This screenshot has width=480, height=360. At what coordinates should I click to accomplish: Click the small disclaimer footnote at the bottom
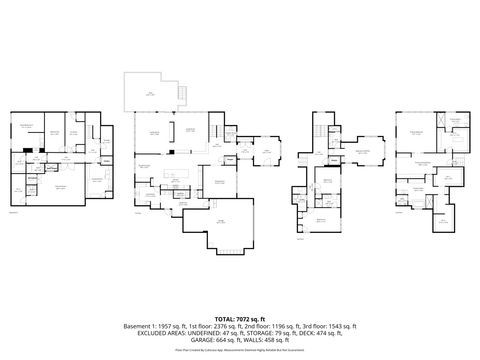point(240,351)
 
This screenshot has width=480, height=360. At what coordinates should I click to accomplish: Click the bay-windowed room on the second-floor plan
point(366,154)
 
